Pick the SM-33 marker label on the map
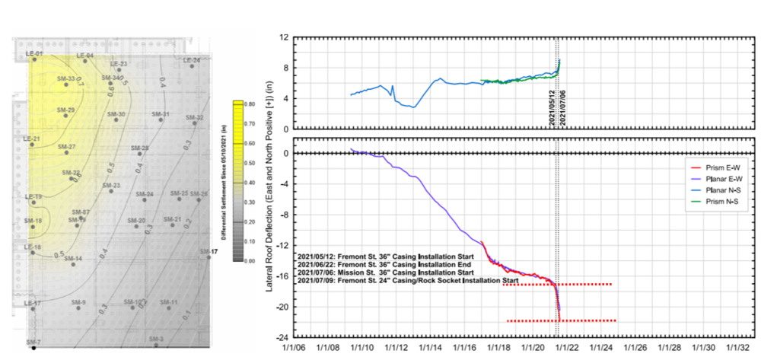click(x=66, y=78)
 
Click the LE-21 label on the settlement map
click(x=32, y=139)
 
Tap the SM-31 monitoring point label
click(x=160, y=114)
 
